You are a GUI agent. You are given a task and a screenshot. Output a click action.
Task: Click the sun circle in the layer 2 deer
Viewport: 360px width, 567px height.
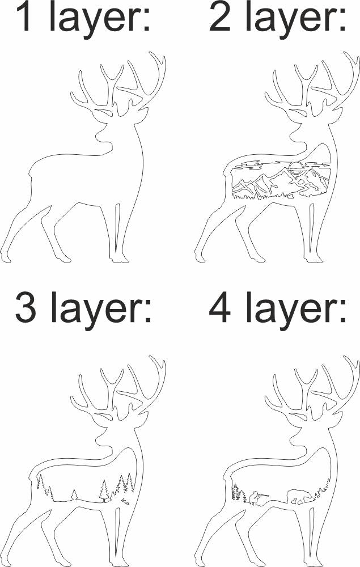pyautogui.click(x=295, y=166)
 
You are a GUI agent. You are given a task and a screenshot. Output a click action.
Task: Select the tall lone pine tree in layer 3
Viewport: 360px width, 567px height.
pyautogui.click(x=104, y=490)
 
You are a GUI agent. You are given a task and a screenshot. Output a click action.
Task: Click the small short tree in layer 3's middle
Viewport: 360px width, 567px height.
pyautogui.click(x=74, y=495)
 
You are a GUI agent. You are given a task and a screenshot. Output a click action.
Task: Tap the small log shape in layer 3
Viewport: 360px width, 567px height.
pyautogui.click(x=125, y=501)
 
